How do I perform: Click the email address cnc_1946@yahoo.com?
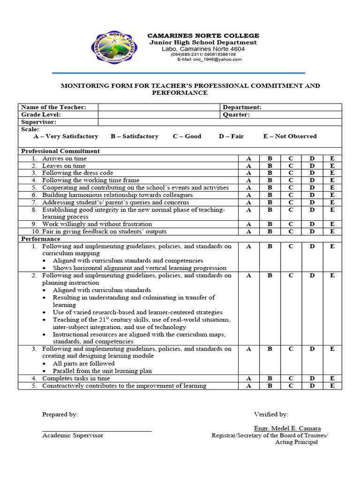pos(206,60)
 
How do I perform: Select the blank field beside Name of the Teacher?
pos(158,107)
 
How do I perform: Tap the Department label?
pos(242,107)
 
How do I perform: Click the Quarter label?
pos(236,114)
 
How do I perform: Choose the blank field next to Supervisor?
pos(158,122)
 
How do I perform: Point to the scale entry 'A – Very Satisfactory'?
pos(66,136)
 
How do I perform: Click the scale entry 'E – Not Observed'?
pos(290,136)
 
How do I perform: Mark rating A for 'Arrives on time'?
pos(249,158)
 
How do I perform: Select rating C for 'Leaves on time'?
pos(291,166)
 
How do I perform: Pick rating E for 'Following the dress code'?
pos(332,173)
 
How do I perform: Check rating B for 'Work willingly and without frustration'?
pos(270,224)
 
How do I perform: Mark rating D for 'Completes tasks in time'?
pos(311,378)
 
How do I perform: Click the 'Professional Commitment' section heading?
pos(60,151)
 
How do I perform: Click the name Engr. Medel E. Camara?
pos(287,428)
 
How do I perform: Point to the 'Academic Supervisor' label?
pos(73,435)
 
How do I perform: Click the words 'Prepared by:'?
pos(60,414)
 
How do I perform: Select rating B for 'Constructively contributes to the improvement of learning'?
pos(270,386)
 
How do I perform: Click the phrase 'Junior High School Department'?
pos(203,43)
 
